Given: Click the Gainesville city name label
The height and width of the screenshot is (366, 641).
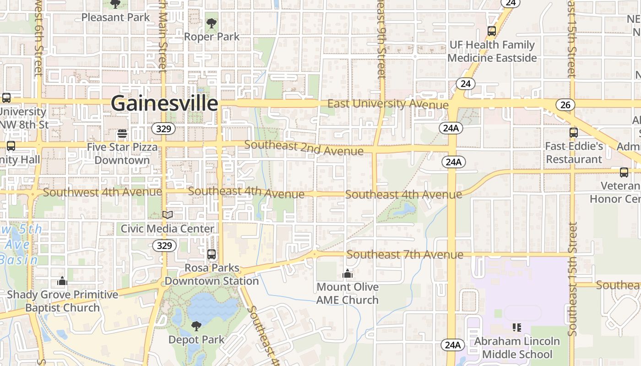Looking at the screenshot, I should (x=164, y=103).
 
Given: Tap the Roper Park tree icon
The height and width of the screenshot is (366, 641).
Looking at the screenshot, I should (x=212, y=23).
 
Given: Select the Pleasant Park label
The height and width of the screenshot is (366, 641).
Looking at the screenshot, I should (x=115, y=17).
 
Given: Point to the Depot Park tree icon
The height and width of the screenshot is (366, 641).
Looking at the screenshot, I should (x=196, y=326).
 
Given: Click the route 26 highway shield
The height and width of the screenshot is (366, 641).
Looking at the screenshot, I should (x=565, y=105).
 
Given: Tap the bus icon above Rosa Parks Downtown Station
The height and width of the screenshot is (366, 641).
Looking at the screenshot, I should (x=212, y=254).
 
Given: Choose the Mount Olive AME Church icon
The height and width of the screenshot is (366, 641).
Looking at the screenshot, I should (x=348, y=274).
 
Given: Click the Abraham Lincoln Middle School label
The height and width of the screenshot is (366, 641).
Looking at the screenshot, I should (x=517, y=348).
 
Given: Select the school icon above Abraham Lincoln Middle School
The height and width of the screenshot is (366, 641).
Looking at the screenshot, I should (x=517, y=327).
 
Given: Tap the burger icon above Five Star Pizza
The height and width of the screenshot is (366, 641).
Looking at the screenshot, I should (x=122, y=134).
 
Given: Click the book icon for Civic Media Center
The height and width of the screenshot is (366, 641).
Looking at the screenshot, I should (x=168, y=215).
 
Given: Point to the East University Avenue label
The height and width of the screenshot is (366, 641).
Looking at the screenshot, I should (x=388, y=104).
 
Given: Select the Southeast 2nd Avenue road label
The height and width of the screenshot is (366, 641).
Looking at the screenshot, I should (x=304, y=148).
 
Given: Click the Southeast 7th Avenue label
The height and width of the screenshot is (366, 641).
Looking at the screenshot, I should (x=405, y=254).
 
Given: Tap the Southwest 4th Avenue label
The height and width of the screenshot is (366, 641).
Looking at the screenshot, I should (x=102, y=192).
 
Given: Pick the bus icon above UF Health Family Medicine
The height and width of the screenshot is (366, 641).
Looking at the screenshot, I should (x=492, y=31).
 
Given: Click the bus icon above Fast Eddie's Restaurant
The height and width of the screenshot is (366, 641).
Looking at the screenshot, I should (x=574, y=133).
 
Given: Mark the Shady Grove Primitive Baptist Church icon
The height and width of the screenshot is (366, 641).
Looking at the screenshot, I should (x=62, y=281).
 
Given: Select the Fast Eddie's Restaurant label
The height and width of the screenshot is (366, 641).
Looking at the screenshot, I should (x=574, y=153).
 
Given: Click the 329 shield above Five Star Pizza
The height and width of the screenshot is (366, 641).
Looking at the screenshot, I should (x=163, y=129).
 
